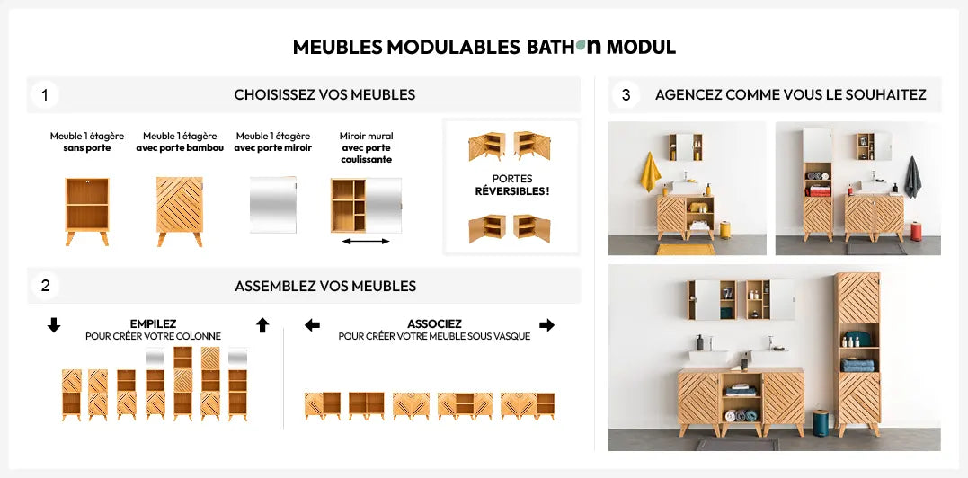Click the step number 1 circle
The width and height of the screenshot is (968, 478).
44,94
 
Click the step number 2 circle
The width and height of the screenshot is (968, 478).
45,286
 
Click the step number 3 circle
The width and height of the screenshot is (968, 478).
626,94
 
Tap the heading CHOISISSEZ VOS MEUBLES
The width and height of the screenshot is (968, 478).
324,94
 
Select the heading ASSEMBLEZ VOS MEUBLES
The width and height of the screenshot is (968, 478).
325,286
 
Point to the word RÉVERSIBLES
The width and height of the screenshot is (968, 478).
511,191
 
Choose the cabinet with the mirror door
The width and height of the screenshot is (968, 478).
273,205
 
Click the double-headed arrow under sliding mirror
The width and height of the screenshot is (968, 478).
366,241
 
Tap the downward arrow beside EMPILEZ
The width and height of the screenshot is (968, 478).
54,325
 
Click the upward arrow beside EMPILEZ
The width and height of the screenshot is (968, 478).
262,325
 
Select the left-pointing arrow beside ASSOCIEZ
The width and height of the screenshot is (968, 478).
313,325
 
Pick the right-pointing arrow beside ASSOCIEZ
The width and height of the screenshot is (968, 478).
546,325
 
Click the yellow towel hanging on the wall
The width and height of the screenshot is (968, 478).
649,173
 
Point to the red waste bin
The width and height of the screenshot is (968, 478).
917,232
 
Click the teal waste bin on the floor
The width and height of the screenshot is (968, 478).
821,422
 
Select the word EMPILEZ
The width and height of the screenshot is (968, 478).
153,324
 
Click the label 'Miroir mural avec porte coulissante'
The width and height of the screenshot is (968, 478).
366,147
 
